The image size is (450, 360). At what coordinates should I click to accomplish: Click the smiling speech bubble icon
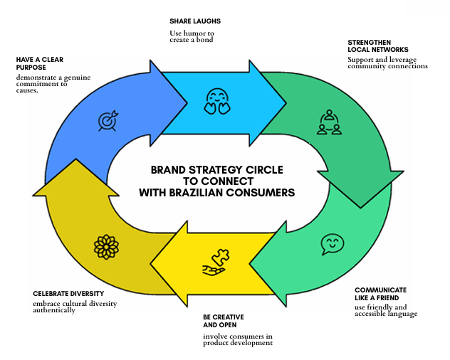pyautogui.click(x=331, y=244)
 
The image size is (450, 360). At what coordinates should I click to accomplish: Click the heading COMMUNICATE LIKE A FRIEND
pyautogui.click(x=380, y=295)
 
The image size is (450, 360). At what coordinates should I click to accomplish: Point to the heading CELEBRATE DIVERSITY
pyautogui.click(x=68, y=292)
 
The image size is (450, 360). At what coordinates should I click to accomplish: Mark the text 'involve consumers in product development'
pyautogui.click(x=237, y=340)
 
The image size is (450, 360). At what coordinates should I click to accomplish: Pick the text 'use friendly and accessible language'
pyautogui.click(x=386, y=309)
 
